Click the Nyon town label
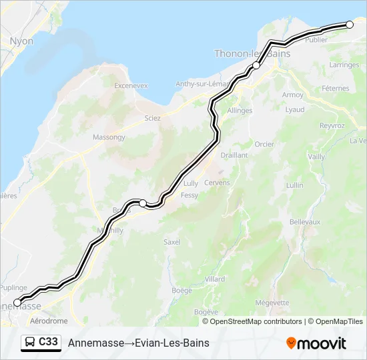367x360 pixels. coord(21,41)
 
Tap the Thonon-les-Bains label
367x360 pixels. coord(252,53)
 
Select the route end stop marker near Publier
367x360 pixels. coord(350,25)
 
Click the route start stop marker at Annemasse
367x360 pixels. coord(17,303)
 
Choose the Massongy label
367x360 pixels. coord(109,137)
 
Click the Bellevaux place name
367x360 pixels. coord(305,221)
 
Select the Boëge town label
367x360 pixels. coord(181,290)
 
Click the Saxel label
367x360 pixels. coord(172,242)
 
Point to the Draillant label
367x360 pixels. coord(234,155)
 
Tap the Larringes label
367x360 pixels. coord(344,65)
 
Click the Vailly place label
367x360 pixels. coord(316,157)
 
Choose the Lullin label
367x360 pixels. coord(294,185)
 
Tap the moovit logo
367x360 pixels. coord(316,343)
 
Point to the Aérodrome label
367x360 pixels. coord(49,321)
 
